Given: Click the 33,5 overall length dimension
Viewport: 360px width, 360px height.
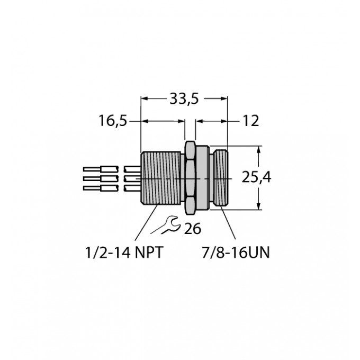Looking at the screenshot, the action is pos(184,99).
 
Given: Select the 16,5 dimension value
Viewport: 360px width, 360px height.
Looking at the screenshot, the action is pos(113,121).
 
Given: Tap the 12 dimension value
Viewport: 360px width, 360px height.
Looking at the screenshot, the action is pos(251,121).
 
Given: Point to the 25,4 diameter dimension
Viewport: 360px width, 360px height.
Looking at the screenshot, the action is pos(256,177).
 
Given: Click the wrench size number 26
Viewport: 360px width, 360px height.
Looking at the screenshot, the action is pos(192,229).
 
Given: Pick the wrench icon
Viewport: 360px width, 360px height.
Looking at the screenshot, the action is pos(165,225).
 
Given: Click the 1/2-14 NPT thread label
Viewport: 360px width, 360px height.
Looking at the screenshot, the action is pos(124,253).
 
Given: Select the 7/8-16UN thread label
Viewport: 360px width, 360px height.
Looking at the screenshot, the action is pos(236,253).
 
